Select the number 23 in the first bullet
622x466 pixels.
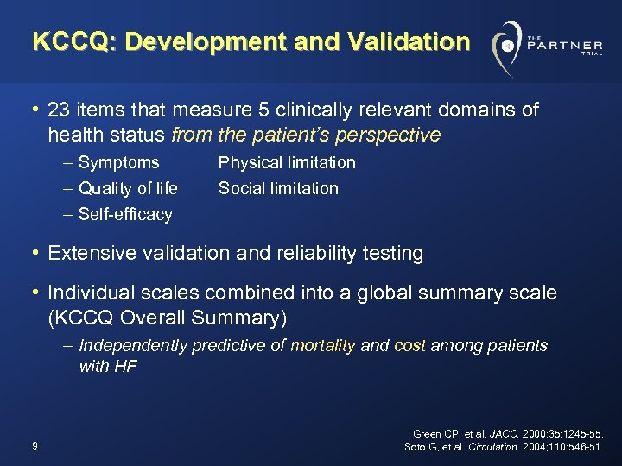[60, 110]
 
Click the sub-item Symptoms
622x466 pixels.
[118, 162]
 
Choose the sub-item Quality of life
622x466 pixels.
[128, 188]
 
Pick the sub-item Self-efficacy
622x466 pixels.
[125, 214]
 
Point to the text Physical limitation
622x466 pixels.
[287, 162]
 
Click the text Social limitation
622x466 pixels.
[278, 188]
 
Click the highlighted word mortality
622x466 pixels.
[323, 346]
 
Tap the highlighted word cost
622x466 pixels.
[409, 346]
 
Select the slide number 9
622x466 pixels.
[33, 446]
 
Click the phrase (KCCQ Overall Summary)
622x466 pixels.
[167, 318]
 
